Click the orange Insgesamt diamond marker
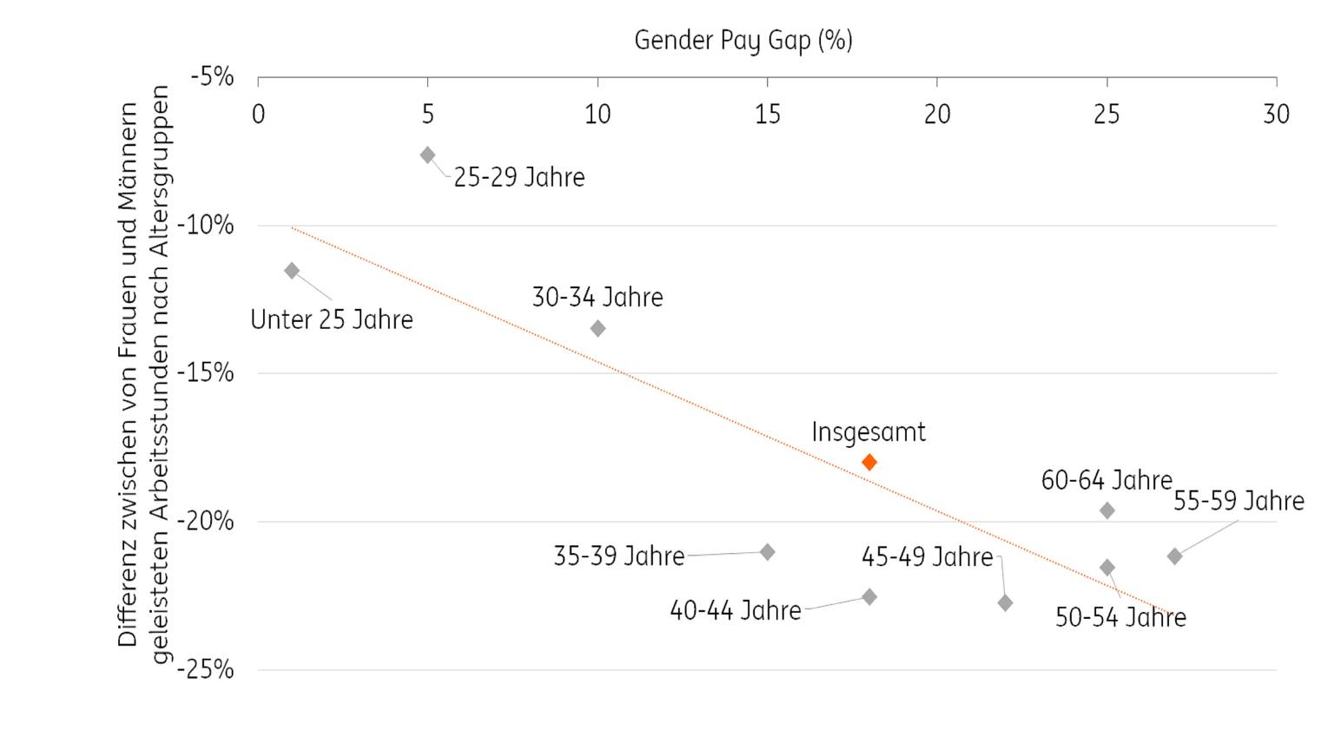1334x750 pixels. coord(869,463)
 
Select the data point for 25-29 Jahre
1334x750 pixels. coord(427,155)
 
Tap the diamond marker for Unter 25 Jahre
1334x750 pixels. coord(292,271)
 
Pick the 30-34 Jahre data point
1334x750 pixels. coord(598,328)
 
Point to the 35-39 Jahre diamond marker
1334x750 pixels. coord(767,552)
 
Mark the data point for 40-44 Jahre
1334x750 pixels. coord(869,597)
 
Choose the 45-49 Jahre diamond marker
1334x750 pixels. coord(1005,602)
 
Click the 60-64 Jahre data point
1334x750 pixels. coord(1106,510)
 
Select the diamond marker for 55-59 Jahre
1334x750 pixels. coord(1174,556)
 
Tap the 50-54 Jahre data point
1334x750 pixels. coord(1106,568)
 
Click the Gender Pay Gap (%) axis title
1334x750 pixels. coord(743,40)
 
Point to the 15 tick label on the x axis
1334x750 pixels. coord(767,114)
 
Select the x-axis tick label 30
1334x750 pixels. coord(1276,114)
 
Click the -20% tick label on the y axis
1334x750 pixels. coord(206,521)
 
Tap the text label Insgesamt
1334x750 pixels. coord(868,432)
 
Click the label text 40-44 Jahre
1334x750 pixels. coord(735,610)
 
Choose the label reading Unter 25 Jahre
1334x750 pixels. coord(332,319)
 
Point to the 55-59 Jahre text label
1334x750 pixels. coord(1238,501)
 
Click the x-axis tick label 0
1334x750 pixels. coord(258,114)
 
